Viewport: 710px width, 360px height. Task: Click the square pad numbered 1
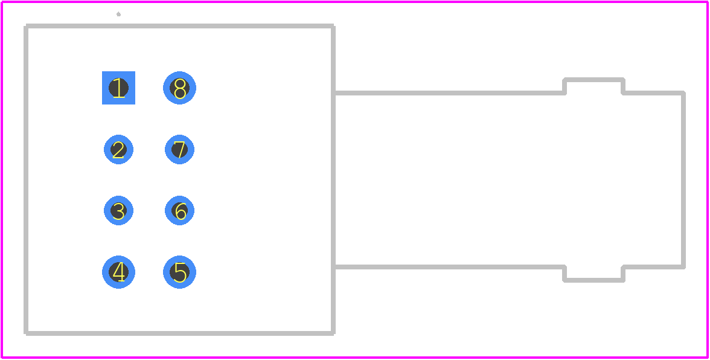pyautogui.click(x=118, y=88)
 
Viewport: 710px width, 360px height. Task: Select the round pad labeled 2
pyautogui.click(x=118, y=149)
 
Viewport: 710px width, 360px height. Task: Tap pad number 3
pyautogui.click(x=118, y=211)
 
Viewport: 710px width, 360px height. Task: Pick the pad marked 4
pyautogui.click(x=118, y=272)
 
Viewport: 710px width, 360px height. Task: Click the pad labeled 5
pyautogui.click(x=180, y=272)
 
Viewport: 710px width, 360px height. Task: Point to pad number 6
pyautogui.click(x=180, y=211)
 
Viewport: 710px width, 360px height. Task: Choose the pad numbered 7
pyautogui.click(x=180, y=149)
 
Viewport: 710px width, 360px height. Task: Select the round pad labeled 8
pyautogui.click(x=180, y=88)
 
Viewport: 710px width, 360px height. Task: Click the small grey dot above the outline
pyautogui.click(x=118, y=14)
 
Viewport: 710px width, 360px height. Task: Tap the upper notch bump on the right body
pyautogui.click(x=593, y=80)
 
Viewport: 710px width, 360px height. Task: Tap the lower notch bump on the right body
pyautogui.click(x=593, y=280)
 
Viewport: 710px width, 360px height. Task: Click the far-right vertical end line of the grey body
pyautogui.click(x=683, y=180)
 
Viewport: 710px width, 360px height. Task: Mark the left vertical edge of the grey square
pyautogui.click(x=27, y=180)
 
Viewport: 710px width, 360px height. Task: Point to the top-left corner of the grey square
pyautogui.click(x=27, y=26)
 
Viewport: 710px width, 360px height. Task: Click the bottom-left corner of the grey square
pyautogui.click(x=27, y=334)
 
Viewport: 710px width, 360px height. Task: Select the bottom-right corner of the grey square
pyautogui.click(x=333, y=334)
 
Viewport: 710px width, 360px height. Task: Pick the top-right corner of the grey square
pyautogui.click(x=333, y=26)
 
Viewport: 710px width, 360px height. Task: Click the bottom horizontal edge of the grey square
pyautogui.click(x=180, y=334)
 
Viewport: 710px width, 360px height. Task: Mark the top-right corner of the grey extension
pyautogui.click(x=683, y=93)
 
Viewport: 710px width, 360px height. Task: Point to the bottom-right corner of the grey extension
pyautogui.click(x=683, y=267)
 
